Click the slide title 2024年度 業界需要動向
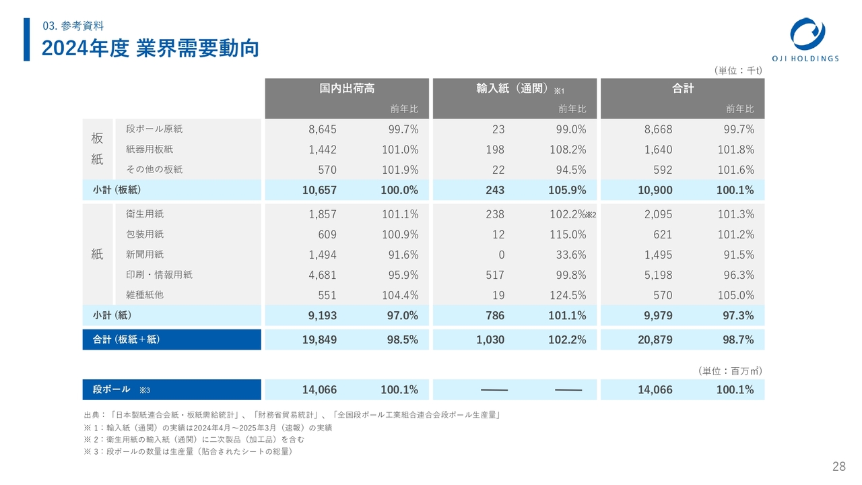(x=150, y=48)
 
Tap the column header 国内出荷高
(x=347, y=89)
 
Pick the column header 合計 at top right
(x=682, y=89)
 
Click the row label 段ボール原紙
(x=154, y=129)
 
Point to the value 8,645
(x=323, y=129)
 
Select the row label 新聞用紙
(x=145, y=255)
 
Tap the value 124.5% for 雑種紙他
(x=568, y=295)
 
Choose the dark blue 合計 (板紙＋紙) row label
(x=126, y=339)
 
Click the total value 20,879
(x=655, y=339)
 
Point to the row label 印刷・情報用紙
(x=159, y=275)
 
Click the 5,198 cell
(x=658, y=275)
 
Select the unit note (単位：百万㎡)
(x=730, y=370)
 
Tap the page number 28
(x=839, y=467)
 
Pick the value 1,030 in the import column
(x=490, y=339)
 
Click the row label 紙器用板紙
(x=154, y=149)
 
